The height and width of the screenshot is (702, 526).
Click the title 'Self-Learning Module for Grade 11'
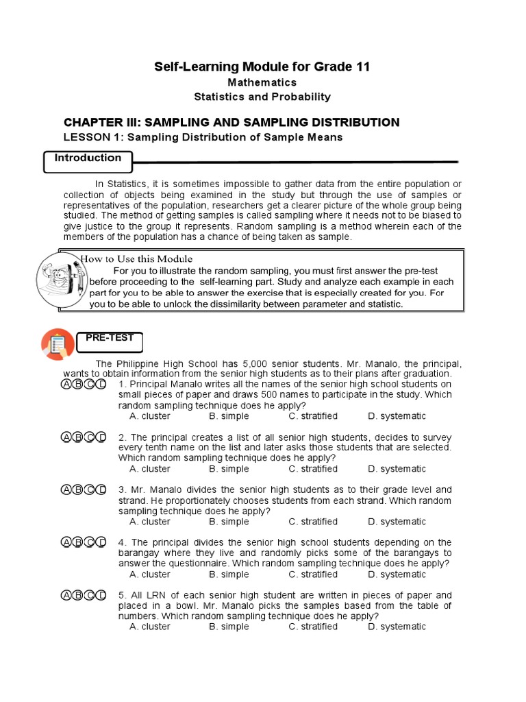pyautogui.click(x=262, y=66)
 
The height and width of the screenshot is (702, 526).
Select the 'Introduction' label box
pyautogui.click(x=88, y=158)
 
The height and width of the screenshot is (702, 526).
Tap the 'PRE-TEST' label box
pyautogui.click(x=110, y=338)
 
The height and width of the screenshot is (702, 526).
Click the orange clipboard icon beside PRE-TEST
pyautogui.click(x=58, y=344)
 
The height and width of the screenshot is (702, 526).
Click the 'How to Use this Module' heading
pyautogui.click(x=137, y=259)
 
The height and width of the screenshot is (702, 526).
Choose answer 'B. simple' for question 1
pyautogui.click(x=229, y=416)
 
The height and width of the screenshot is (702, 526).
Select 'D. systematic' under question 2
pyautogui.click(x=397, y=469)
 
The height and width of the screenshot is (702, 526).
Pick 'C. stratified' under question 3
pyautogui.click(x=313, y=522)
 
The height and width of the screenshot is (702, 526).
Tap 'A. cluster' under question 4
pyautogui.click(x=150, y=574)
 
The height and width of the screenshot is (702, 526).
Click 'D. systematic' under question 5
pyautogui.click(x=397, y=627)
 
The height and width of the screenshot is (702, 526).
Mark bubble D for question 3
pyautogui.click(x=101, y=490)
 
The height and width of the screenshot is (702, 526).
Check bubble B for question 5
pyautogui.click(x=78, y=595)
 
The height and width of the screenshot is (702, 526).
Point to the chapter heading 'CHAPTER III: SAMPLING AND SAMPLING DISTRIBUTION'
pyautogui.click(x=231, y=123)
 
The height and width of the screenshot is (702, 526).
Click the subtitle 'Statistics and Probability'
pyautogui.click(x=262, y=97)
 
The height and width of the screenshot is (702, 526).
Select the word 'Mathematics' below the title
pyautogui.click(x=262, y=82)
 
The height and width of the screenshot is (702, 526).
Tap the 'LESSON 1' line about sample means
pyautogui.click(x=203, y=137)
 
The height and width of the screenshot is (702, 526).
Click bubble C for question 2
pyautogui.click(x=90, y=437)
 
